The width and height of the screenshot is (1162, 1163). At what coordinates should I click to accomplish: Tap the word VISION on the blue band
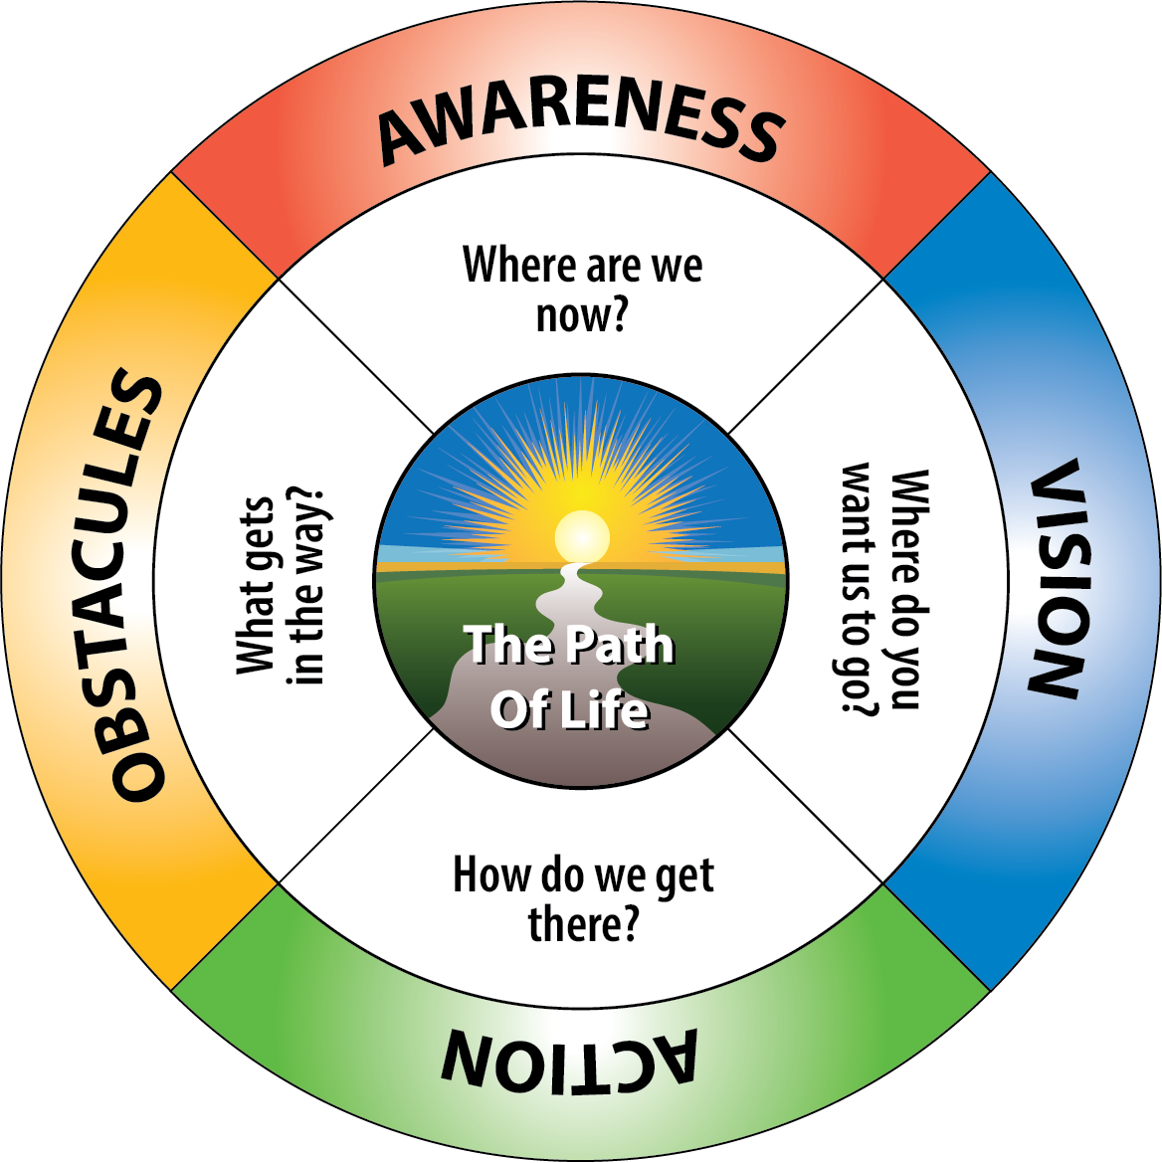click(x=1055, y=579)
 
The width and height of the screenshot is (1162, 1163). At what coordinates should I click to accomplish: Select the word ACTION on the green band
click(x=569, y=1061)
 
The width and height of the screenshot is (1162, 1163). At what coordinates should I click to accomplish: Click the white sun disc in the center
click(x=582, y=536)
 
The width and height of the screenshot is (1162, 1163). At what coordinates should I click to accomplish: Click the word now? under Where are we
click(x=582, y=316)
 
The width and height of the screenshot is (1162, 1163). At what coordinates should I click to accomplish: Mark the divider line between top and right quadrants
click(x=806, y=356)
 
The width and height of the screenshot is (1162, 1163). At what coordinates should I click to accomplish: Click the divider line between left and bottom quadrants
click(x=356, y=806)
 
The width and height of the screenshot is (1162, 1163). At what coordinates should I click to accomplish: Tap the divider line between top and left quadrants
click(x=356, y=356)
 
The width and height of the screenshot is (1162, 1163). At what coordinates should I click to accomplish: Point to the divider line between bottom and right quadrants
click(x=806, y=806)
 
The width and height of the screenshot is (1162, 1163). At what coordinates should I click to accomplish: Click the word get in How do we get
click(x=684, y=877)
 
